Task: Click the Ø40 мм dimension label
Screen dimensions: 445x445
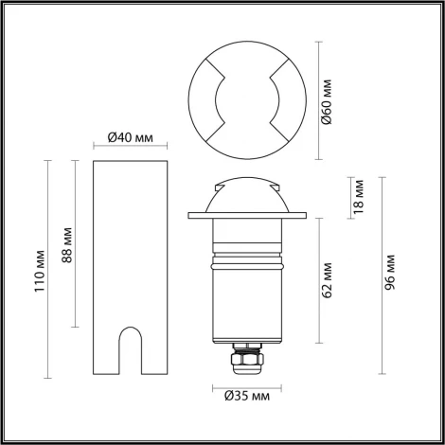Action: (132, 136)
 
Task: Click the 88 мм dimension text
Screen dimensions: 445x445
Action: (65, 244)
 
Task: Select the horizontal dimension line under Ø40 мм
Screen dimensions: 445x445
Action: (132, 147)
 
